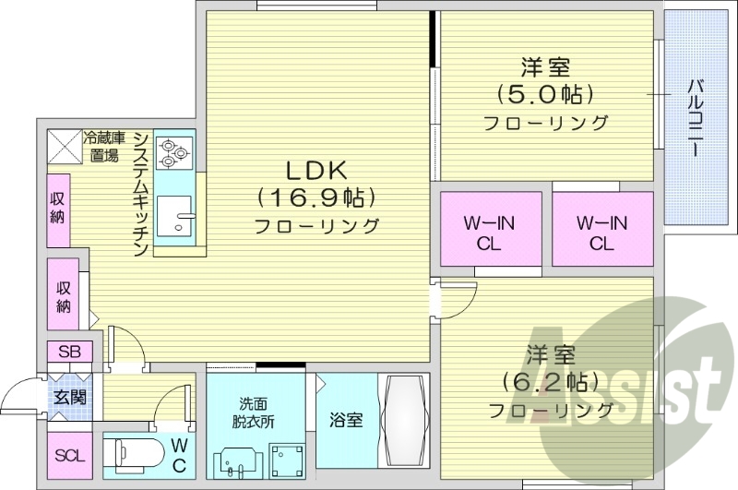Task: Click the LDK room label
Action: click(x=315, y=170)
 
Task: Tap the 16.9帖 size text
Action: click(x=315, y=197)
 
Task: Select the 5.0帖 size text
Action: click(x=544, y=94)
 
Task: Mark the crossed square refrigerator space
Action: click(x=64, y=145)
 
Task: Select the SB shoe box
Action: click(x=69, y=353)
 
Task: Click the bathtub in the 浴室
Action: click(x=403, y=421)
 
